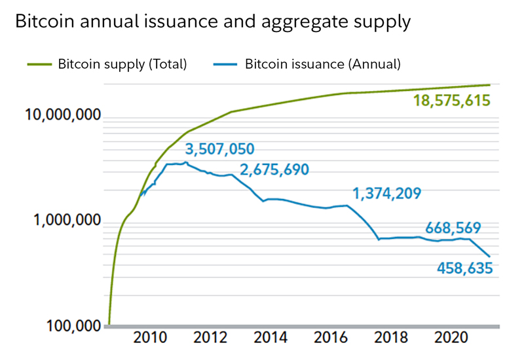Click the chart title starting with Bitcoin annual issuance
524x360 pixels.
coord(212,22)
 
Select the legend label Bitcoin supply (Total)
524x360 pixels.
coord(122,64)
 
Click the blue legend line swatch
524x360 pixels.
coord(225,64)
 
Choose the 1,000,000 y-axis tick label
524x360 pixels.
coord(67,221)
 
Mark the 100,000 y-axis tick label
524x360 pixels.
coord(74,325)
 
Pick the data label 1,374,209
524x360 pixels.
coord(386,194)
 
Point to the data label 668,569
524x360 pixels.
coord(453,229)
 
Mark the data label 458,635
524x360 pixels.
coord(463,268)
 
